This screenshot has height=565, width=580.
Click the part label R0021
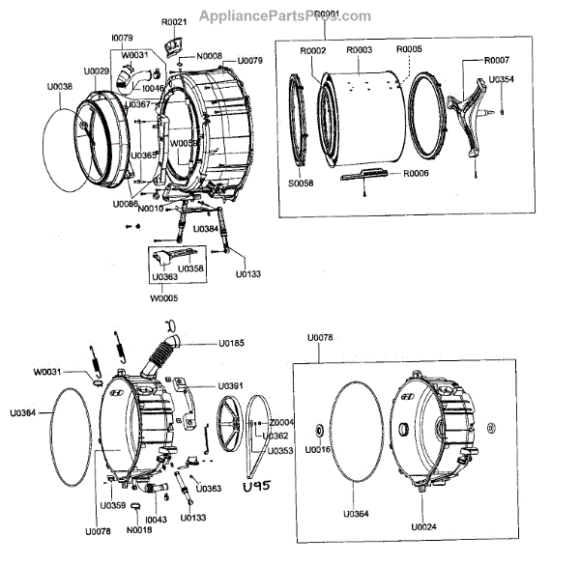click(x=174, y=21)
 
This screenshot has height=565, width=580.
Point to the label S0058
click(x=302, y=183)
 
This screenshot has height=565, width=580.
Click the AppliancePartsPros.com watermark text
click(x=284, y=15)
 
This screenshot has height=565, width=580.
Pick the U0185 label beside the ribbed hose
click(x=231, y=342)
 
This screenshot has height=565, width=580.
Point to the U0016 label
click(x=318, y=450)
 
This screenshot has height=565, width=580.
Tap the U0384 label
click(x=206, y=229)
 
